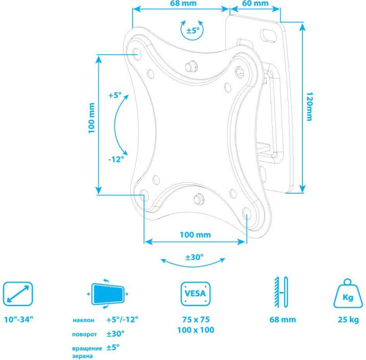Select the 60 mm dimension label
coord(256,3)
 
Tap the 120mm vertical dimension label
coord(309,106)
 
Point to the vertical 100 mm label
coord(92,118)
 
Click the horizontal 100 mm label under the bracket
coord(195,234)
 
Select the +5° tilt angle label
coord(115,95)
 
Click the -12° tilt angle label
coord(116,159)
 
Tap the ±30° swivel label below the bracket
coord(194,257)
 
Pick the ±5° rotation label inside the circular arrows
coord(193,30)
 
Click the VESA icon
coord(196,294)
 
